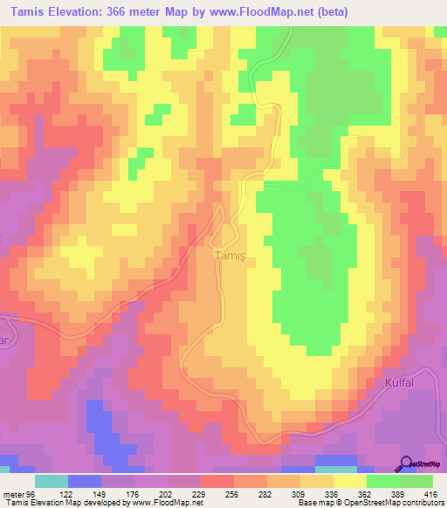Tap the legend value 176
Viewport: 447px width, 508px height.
[x=135, y=493]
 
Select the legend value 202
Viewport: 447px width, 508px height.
[x=169, y=493]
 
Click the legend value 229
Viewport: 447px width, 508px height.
[x=203, y=493]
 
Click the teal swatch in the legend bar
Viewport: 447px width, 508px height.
[x=52, y=481]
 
